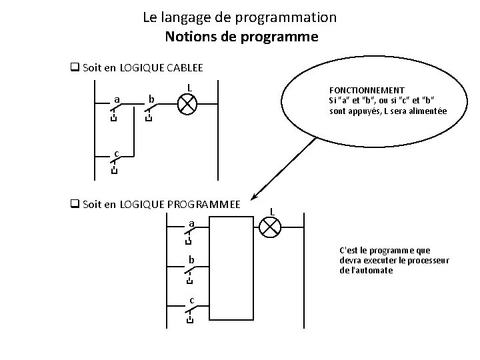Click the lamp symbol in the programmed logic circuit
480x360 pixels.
point(269,227)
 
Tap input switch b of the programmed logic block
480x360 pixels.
point(190,269)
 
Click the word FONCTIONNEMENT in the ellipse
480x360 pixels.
point(367,90)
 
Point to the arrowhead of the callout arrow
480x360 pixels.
point(254,198)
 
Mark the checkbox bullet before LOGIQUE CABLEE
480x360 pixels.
point(75,67)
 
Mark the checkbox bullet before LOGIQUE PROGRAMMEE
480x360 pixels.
point(75,204)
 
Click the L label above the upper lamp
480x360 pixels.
point(190,87)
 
